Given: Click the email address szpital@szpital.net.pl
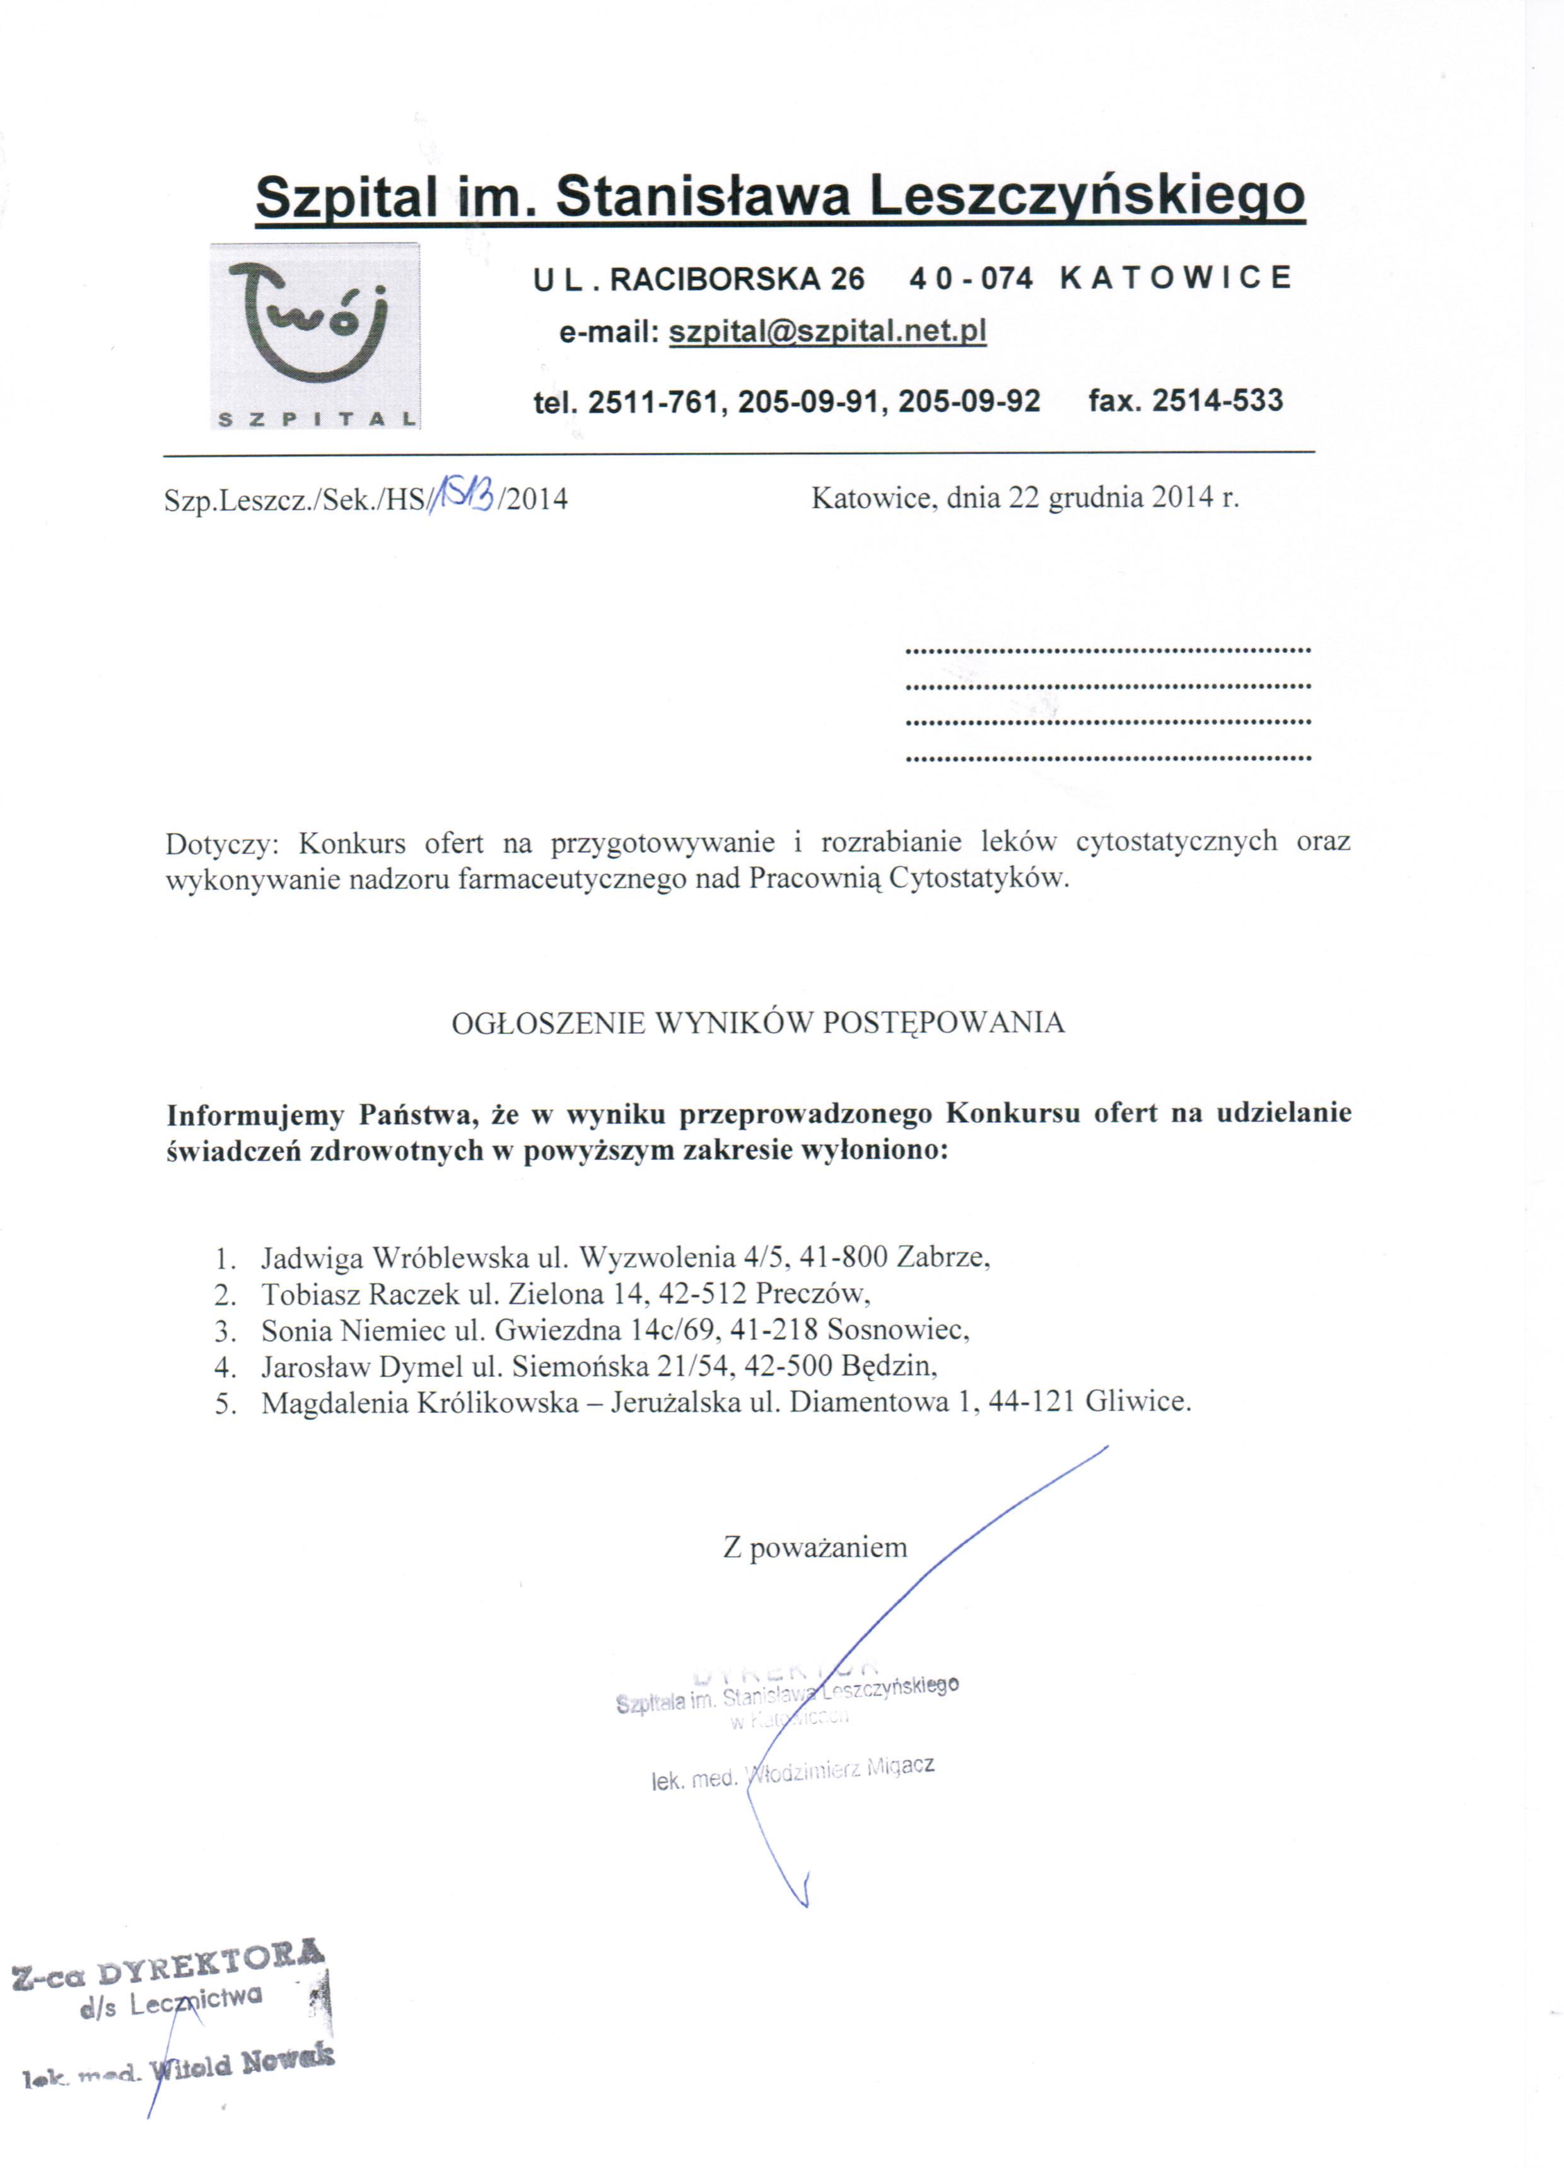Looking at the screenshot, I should point(827,332).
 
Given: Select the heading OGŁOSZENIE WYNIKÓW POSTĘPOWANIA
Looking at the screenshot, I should point(757,1023).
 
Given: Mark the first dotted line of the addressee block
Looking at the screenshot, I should point(1106,650).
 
